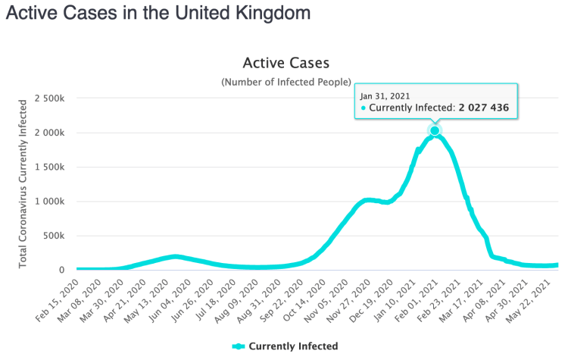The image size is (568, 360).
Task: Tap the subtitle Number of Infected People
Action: (x=286, y=81)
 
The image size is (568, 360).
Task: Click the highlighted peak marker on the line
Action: (x=435, y=131)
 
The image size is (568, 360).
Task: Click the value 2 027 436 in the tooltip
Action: (x=488, y=108)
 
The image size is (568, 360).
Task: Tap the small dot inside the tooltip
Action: (x=364, y=108)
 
